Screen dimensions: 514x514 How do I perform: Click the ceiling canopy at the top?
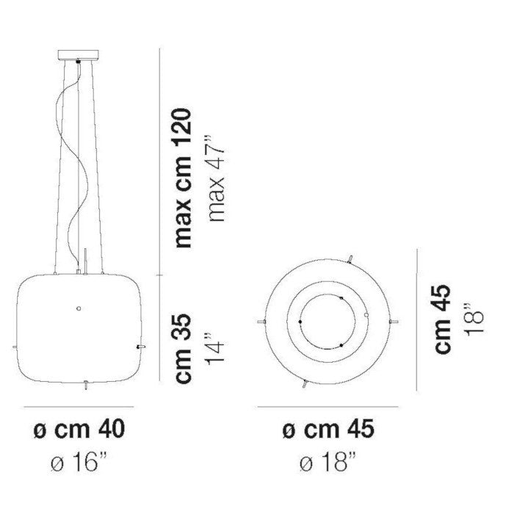[79, 54]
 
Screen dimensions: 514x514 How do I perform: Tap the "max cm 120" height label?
[183, 178]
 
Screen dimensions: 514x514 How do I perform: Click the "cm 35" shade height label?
[183, 349]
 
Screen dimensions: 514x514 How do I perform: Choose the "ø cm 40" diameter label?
[79, 430]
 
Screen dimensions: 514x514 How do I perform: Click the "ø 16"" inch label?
[79, 462]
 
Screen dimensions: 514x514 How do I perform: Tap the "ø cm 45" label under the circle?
[328, 430]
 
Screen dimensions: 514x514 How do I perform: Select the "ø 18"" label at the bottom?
[328, 462]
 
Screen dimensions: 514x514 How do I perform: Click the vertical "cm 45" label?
[442, 319]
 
